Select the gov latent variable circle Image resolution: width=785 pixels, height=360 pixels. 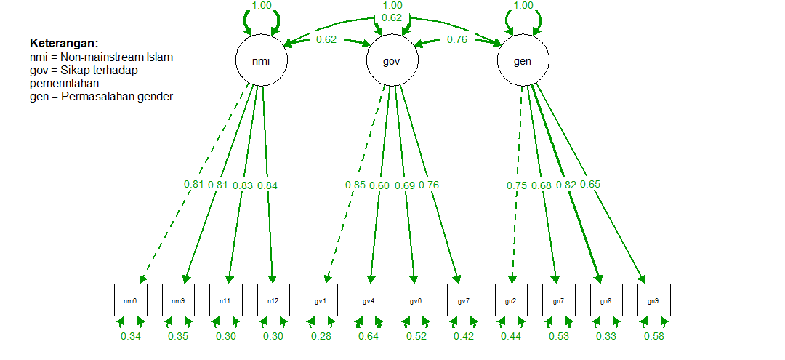click(392, 61)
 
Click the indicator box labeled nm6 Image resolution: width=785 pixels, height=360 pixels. click(131, 300)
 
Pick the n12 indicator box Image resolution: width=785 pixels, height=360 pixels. click(273, 300)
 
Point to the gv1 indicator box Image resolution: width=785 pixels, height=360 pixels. click(321, 300)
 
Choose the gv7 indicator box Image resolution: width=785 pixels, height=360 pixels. click(464, 300)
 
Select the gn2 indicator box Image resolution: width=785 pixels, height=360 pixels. click(511, 300)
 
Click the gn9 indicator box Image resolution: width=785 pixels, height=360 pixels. click(653, 300)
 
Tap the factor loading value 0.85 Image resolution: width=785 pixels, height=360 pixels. click(355, 185)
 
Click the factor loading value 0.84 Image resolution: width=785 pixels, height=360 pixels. click(268, 185)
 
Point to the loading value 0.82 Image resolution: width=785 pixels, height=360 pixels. click(566, 185)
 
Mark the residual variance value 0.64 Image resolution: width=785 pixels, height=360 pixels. click(369, 336)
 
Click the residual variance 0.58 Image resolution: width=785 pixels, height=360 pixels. click(653, 336)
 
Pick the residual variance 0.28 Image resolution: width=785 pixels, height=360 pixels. click(321, 336)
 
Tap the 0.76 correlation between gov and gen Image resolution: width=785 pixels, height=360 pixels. click(457, 39)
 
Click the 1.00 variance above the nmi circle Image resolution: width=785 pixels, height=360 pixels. click(262, 5)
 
